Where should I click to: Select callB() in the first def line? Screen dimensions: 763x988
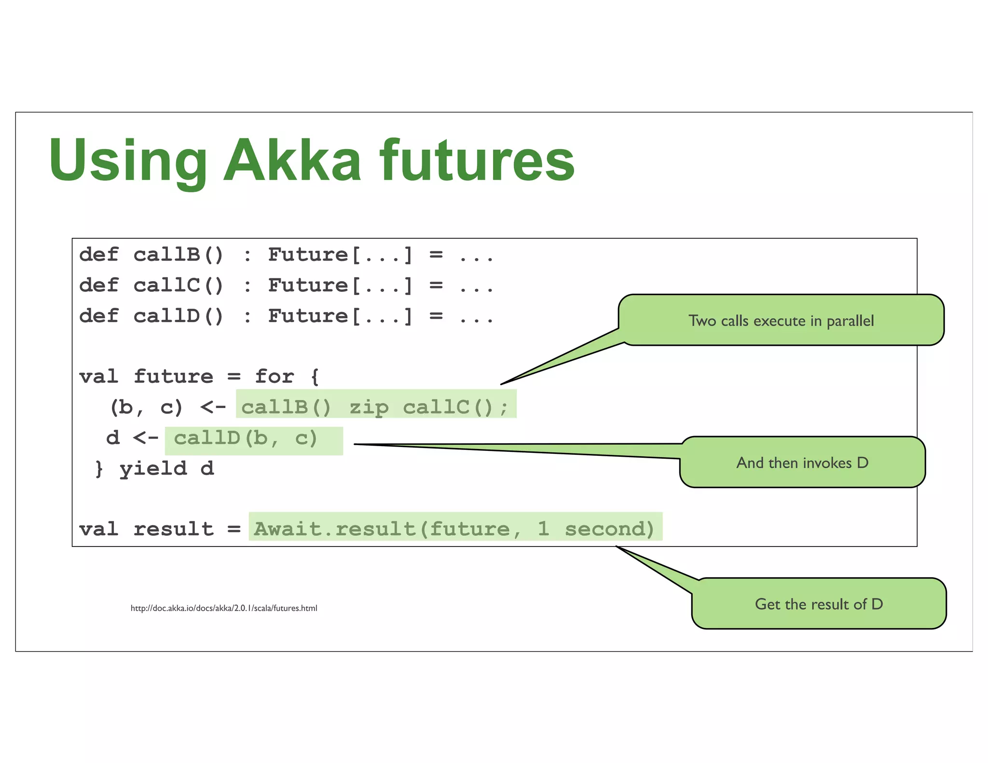[x=178, y=255]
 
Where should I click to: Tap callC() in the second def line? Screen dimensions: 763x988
[x=178, y=286]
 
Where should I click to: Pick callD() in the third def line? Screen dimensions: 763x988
[x=178, y=316]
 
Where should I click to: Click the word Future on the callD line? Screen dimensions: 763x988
[x=308, y=316]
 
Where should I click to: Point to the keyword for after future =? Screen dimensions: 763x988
[x=274, y=377]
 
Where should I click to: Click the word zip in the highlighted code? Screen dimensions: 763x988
[x=369, y=408]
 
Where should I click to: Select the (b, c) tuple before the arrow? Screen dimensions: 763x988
[x=146, y=408]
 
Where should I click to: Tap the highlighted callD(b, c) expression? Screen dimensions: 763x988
[x=246, y=438]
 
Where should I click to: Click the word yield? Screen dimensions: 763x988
[x=153, y=469]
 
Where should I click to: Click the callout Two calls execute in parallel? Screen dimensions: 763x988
[x=781, y=321]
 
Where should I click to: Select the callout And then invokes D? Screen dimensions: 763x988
[x=802, y=463]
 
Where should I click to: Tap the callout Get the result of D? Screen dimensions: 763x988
[x=819, y=604]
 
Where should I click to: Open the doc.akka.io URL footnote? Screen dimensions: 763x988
[x=224, y=608]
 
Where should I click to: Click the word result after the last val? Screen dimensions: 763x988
[x=173, y=529]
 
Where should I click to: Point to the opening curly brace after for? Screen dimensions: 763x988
[x=315, y=377]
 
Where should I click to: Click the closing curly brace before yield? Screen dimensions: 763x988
[x=99, y=469]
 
